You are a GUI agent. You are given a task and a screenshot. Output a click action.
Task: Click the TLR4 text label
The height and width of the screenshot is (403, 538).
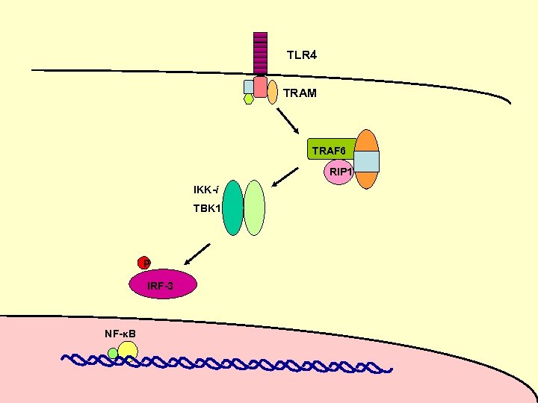pyautogui.click(x=302, y=55)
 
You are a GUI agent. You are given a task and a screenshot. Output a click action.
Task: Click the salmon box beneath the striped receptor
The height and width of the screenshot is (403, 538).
pyautogui.click(x=260, y=87)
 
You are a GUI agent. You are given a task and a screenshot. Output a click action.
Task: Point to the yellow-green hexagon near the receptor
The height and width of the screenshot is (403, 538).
pyautogui.click(x=249, y=98)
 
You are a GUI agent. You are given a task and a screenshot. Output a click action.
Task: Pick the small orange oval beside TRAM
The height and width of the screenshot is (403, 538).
pyautogui.click(x=273, y=91)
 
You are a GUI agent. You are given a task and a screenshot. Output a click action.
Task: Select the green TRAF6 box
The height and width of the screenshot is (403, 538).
pyautogui.click(x=330, y=149)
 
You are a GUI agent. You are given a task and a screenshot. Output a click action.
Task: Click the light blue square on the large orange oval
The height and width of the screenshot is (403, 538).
pyautogui.click(x=366, y=161)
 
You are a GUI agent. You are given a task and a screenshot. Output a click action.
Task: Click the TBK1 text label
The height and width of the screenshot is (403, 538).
pyautogui.click(x=207, y=208)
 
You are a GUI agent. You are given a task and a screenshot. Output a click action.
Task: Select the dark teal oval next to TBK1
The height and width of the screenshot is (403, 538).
pyautogui.click(x=233, y=207)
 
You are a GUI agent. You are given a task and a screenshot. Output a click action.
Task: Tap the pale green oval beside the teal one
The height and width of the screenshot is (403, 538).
pyautogui.click(x=255, y=207)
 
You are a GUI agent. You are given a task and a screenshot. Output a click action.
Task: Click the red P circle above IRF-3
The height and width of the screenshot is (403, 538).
pyautogui.click(x=144, y=263)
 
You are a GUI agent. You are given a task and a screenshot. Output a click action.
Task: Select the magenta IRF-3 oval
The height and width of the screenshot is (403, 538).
pyautogui.click(x=163, y=285)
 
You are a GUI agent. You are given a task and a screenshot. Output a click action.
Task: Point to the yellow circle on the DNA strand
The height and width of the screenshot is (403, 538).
pyautogui.click(x=128, y=350)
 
